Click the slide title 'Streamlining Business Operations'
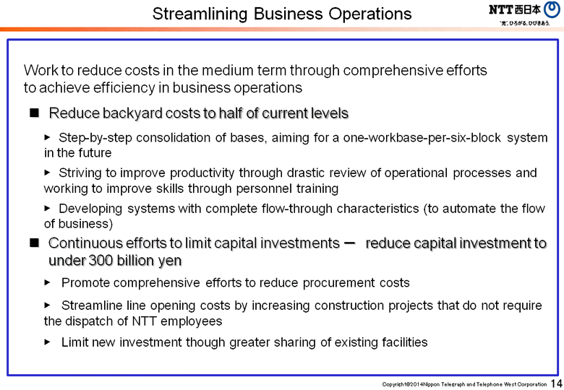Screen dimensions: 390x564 [x=283, y=14]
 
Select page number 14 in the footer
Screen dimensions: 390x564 [x=556, y=383]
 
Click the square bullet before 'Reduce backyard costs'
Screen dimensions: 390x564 [x=33, y=113]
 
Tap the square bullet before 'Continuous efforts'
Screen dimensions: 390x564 [x=33, y=243]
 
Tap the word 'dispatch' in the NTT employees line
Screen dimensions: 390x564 [x=85, y=321]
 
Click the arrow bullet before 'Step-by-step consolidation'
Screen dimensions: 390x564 [x=48, y=136]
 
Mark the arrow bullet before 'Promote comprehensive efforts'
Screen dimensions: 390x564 [x=48, y=282]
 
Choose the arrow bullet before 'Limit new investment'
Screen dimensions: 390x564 [x=48, y=341]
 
